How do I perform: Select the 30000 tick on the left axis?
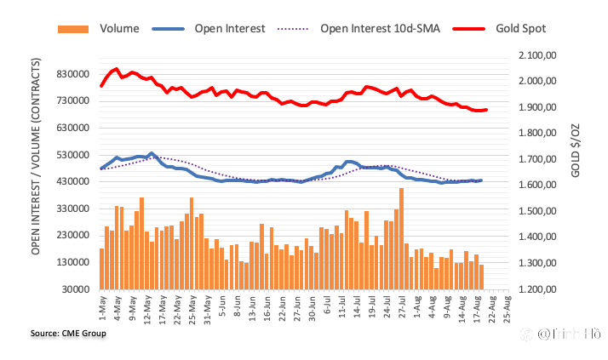[75, 289]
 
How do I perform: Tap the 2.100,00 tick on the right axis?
[536, 55]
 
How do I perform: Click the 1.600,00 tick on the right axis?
[536, 186]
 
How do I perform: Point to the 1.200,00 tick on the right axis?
[536, 289]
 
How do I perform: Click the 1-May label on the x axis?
[102, 306]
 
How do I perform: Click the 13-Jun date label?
[253, 307]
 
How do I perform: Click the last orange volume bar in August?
[481, 277]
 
